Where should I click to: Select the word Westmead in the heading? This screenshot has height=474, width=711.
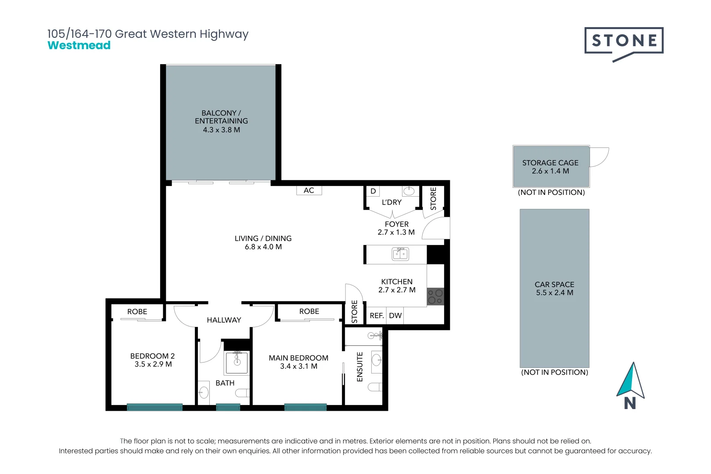click(79, 45)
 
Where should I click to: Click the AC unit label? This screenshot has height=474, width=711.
click(309, 190)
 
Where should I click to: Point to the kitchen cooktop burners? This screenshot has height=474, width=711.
click(435, 297)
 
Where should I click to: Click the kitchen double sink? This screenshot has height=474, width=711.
click(400, 254)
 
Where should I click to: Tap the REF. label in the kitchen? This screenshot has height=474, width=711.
click(377, 316)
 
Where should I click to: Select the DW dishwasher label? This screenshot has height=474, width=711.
click(395, 316)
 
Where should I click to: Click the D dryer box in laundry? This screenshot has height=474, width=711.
click(373, 191)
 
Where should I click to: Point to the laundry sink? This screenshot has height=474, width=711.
click(409, 191)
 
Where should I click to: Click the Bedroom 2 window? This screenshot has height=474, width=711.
click(154, 407)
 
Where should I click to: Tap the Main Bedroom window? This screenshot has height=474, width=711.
click(305, 407)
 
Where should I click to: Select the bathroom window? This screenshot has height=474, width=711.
click(228, 407)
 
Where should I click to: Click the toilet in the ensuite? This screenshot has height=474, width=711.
click(375, 387)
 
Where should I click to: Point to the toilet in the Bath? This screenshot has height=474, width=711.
click(242, 393)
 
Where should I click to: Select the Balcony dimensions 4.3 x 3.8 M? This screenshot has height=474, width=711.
click(222, 130)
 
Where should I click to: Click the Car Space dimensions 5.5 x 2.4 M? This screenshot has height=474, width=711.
click(554, 293)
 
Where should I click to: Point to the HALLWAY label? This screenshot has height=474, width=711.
click(224, 320)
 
